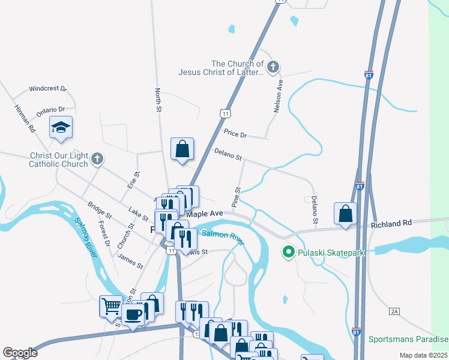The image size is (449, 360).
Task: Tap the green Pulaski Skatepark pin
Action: tap(288, 253)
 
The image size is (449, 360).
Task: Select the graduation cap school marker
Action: tap(61, 127)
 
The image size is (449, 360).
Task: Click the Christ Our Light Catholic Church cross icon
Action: tap(97, 160)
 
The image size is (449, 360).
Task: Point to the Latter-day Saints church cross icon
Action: tap(273, 68)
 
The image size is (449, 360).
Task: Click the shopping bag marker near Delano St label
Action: tap(182, 149)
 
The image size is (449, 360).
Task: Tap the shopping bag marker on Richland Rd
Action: tap(345, 214)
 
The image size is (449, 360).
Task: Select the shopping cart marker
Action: tap(111, 306)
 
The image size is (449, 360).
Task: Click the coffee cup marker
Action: tap(133, 314)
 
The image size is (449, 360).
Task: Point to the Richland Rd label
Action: tap(391, 223)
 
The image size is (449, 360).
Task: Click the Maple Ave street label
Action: tap(205, 214)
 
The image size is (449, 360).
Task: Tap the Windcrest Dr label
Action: tap(47, 88)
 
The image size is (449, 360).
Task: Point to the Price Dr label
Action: tap(235, 134)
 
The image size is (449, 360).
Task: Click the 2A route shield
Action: tap(394, 311)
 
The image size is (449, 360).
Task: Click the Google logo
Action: tap(20, 353)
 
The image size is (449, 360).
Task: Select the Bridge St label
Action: tap(100, 209)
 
